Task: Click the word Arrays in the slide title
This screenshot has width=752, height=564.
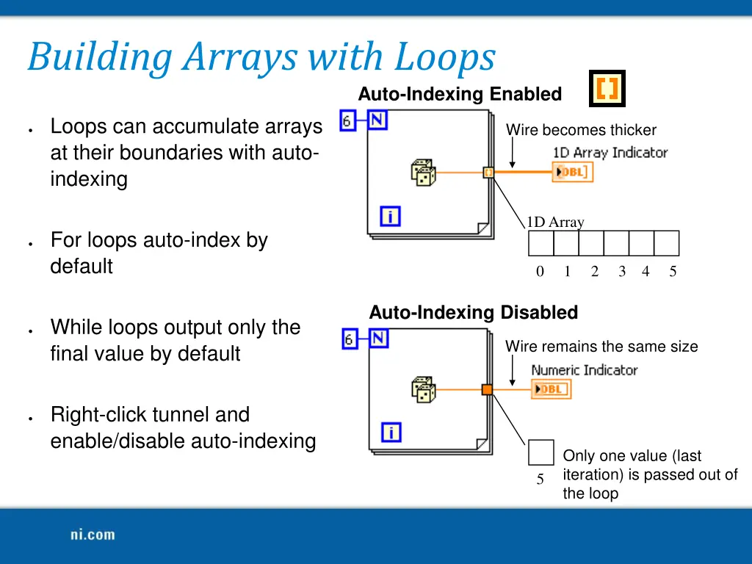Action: pos(241,57)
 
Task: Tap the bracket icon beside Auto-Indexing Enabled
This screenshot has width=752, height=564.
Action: pos(607,89)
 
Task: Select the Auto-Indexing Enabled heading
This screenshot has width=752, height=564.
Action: pos(460,94)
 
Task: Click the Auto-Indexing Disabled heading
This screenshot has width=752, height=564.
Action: pos(473,312)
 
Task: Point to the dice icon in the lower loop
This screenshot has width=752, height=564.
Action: pos(423,390)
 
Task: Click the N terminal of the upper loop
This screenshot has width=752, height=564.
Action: pos(377,120)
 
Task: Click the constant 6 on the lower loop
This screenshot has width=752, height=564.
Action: pos(350,339)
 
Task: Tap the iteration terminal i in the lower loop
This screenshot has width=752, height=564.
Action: pos(391,433)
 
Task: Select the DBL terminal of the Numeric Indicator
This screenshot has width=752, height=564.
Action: pos(552,389)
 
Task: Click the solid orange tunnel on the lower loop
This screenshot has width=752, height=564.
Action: pos(487,390)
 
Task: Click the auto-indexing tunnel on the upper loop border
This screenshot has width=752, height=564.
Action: pos(488,173)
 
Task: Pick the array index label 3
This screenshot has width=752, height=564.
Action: pos(622,272)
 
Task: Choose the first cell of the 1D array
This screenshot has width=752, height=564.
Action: pos(541,243)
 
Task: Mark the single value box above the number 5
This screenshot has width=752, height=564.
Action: pos(540,452)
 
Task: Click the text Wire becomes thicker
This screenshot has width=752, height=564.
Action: pos(581,130)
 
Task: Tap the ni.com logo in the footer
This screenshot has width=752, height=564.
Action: pos(93,535)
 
